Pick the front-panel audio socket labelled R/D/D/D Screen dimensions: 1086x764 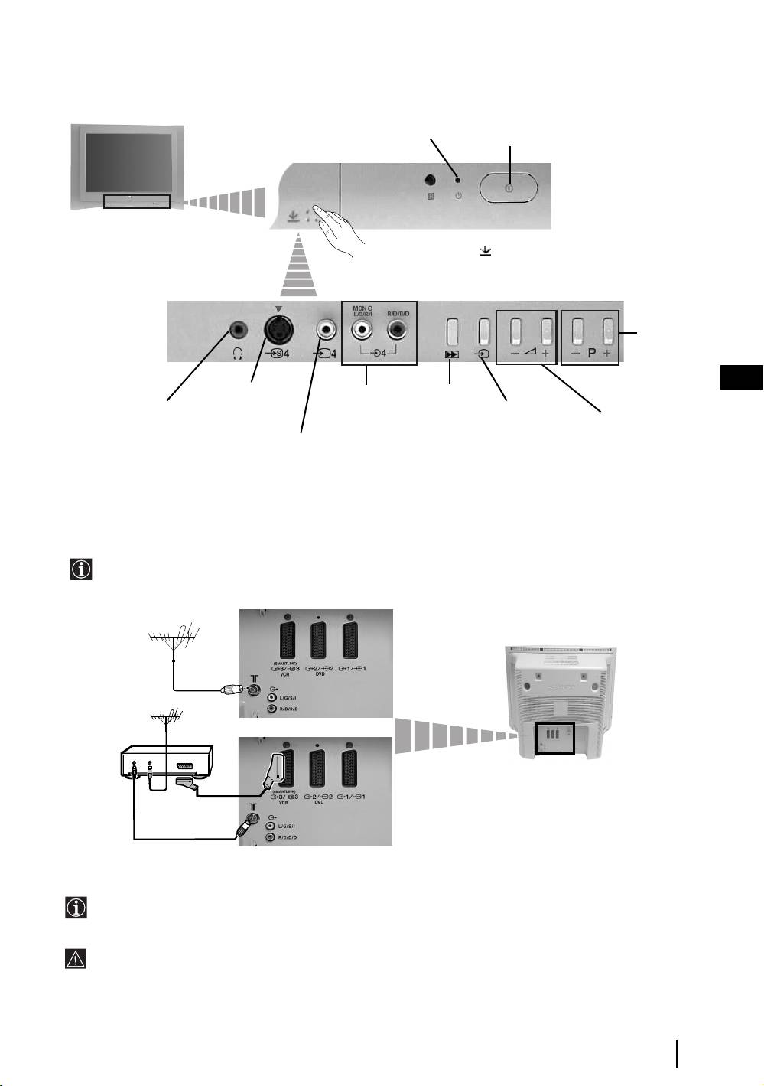(398, 331)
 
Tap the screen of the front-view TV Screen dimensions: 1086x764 (129, 162)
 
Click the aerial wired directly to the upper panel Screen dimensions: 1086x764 (174, 634)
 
